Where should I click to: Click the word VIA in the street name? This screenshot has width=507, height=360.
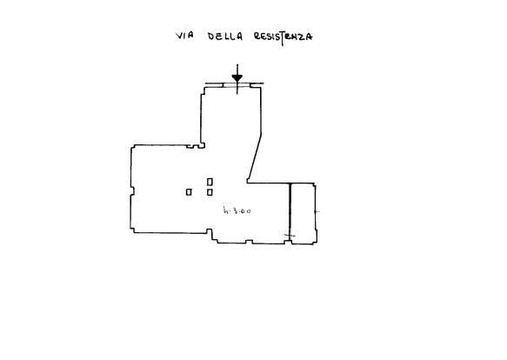coord(184,36)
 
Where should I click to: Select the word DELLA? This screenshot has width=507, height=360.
coord(224,36)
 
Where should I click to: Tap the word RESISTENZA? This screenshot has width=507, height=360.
coord(284,37)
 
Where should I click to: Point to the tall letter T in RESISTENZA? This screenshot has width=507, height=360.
coord(283,39)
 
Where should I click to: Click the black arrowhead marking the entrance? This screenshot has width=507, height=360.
coord(237,78)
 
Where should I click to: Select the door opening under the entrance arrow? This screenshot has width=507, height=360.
coord(237,85)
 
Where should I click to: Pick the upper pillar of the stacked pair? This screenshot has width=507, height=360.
coord(210,182)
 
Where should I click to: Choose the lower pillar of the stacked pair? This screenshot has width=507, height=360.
coord(210,192)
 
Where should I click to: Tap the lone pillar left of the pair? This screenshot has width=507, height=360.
coord(189,192)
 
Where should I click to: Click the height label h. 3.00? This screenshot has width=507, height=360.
coord(237,211)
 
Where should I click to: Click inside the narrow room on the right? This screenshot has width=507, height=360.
coord(303,213)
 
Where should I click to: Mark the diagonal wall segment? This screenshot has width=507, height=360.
coord(255,157)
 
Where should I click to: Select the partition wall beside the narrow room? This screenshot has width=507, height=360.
coord(290,213)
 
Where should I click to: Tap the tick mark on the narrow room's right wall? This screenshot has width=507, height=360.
coord(317,212)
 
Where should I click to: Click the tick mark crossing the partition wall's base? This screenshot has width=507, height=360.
coord(290,235)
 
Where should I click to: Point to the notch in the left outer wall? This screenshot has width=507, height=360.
coord(132,190)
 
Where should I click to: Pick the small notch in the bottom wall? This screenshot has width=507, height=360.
coord(249,242)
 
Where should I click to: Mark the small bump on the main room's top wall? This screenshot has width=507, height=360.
coord(192,147)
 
